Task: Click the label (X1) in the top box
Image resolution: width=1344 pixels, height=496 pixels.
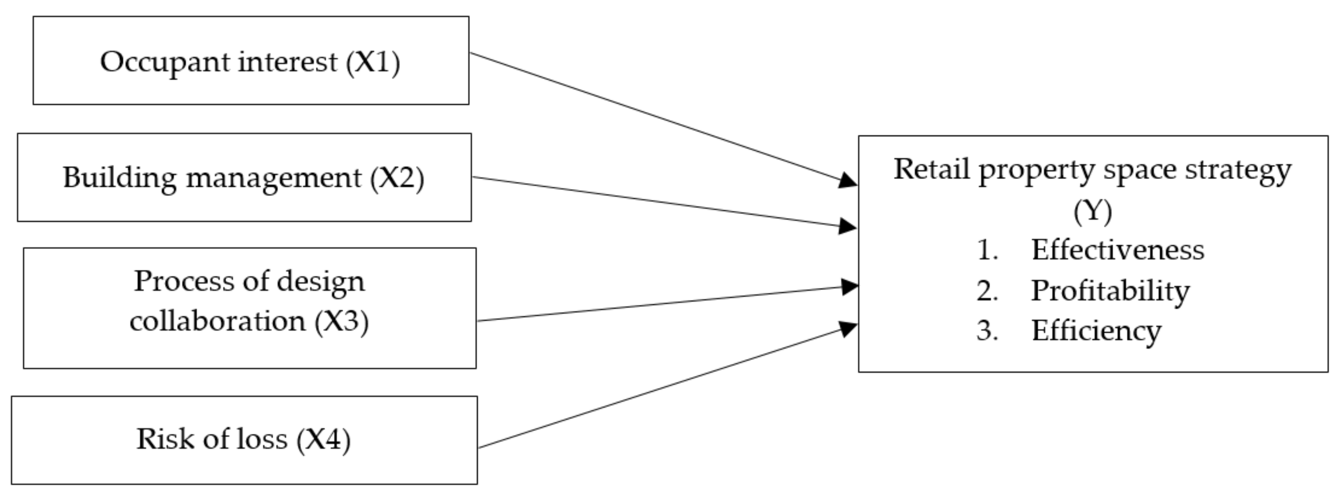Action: click(373, 63)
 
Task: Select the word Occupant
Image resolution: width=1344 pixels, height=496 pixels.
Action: click(165, 63)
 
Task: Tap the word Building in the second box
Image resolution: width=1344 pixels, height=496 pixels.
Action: click(120, 178)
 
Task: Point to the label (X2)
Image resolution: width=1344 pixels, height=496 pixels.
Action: click(397, 178)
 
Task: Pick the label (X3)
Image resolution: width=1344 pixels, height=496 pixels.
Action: click(341, 321)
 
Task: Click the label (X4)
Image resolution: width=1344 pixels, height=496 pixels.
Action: click(323, 439)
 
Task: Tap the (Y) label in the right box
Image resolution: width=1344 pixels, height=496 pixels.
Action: click(1093, 211)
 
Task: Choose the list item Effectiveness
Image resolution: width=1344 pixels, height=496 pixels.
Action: click(1118, 250)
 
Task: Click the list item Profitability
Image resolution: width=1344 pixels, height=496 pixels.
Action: click(1110, 291)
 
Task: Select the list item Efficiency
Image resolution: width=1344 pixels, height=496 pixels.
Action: click(1096, 331)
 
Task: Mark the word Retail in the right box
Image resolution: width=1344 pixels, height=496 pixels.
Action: click(931, 170)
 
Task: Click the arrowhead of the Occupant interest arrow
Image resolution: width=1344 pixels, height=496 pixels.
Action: click(848, 181)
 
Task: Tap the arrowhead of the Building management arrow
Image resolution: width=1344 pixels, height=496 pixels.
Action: click(848, 227)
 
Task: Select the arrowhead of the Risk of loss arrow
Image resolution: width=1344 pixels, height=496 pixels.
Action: click(848, 329)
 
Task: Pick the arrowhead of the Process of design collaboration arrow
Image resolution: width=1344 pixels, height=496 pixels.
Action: click(849, 286)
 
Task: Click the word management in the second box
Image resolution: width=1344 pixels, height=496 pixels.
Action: click(273, 178)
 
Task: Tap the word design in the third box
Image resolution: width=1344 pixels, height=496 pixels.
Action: click(320, 282)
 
